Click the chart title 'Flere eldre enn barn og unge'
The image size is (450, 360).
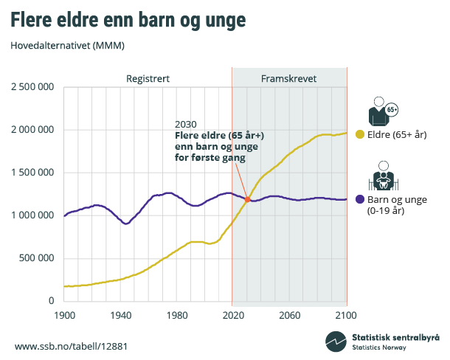139,20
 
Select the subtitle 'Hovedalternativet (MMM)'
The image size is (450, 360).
67,46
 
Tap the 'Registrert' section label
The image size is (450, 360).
148,78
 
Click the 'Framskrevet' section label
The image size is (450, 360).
289,78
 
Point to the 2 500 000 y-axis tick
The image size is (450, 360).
32,87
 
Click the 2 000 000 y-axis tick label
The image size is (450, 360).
32,130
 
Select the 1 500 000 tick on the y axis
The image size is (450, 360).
32,173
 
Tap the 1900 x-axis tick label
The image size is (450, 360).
65,314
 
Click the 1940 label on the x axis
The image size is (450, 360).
121,314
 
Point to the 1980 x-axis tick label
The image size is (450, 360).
177,314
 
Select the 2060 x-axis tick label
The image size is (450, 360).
290,314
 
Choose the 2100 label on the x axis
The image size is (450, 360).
346,314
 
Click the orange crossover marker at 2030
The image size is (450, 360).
247,199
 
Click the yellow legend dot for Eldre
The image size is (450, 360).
360,134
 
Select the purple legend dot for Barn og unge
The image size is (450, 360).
360,199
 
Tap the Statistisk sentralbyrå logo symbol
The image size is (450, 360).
336,342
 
